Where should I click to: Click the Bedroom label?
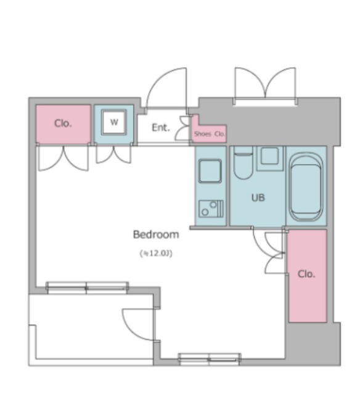[156, 235]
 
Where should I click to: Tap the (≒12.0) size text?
[156, 253]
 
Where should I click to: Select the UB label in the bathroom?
[258, 197]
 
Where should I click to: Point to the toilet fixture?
[243, 163]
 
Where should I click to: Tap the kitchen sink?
[210, 171]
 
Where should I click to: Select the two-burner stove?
[211, 209]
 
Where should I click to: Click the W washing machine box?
[114, 122]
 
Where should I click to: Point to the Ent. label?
[161, 128]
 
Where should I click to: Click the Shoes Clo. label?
[209, 134]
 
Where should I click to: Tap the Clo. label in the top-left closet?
[63, 123]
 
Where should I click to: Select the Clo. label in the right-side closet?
[306, 274]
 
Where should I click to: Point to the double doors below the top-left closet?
[63, 158]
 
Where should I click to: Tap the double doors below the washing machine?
[113, 154]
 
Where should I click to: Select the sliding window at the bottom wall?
[210, 359]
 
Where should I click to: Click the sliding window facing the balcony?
[88, 288]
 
